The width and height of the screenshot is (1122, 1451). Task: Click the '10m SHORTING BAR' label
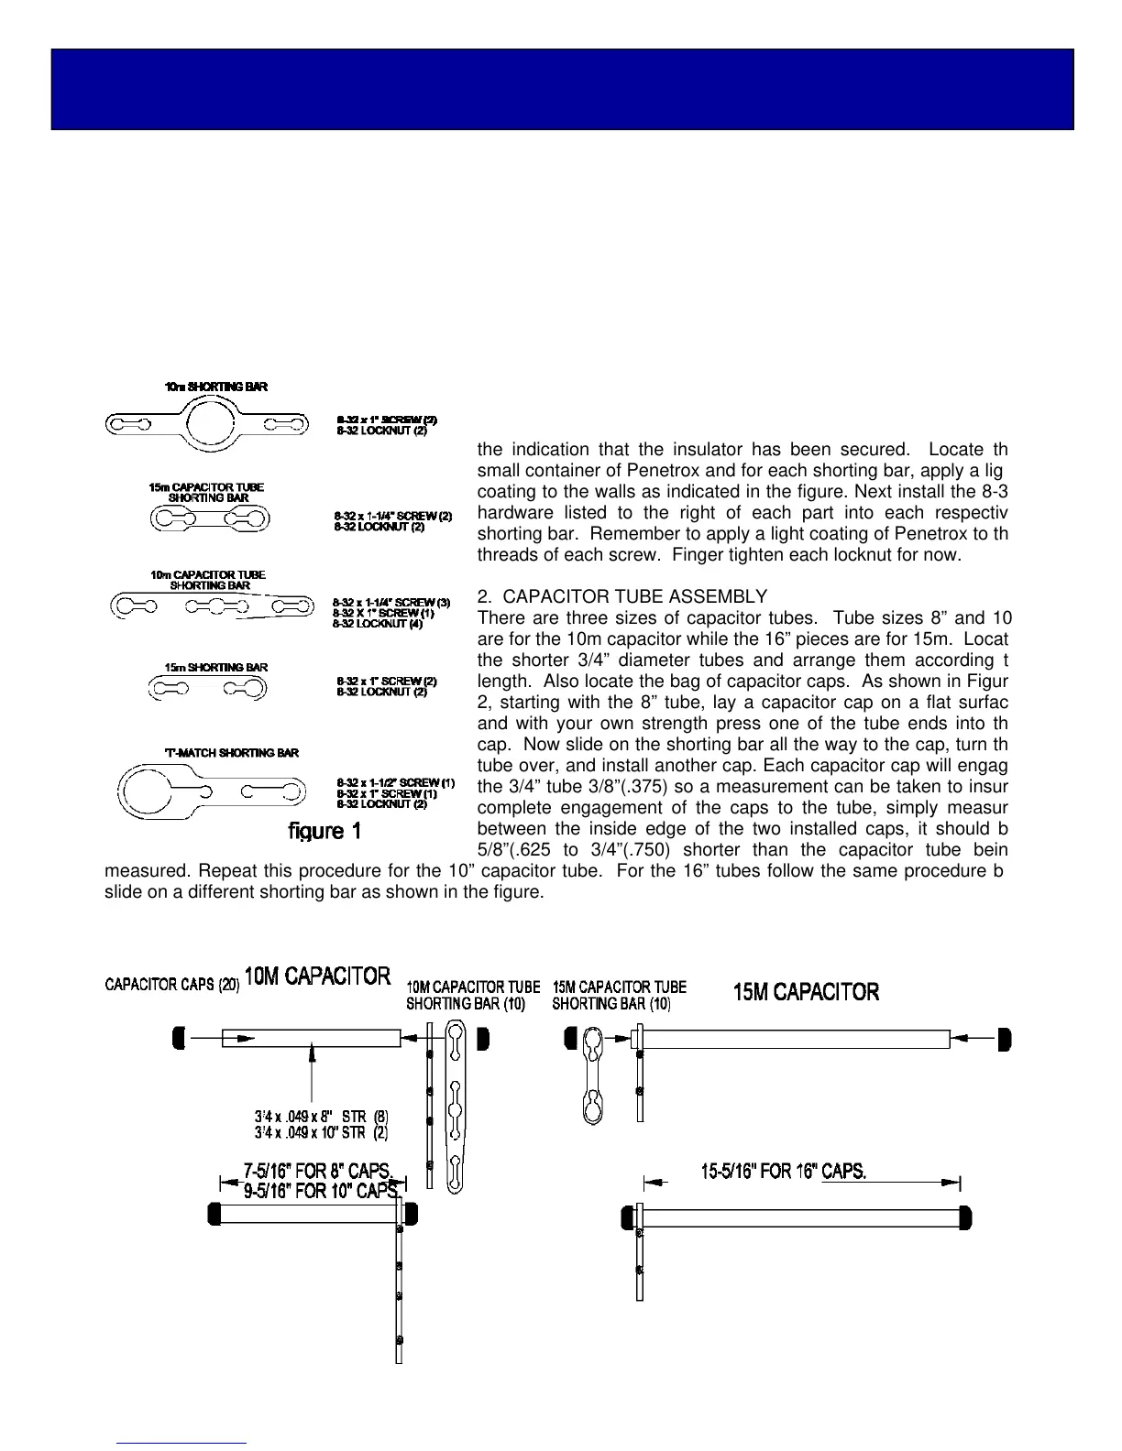216,387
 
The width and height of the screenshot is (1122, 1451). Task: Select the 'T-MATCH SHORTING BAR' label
231,753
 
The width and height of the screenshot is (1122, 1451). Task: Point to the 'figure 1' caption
325,831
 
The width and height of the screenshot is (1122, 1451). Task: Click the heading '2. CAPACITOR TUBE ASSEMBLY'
622,597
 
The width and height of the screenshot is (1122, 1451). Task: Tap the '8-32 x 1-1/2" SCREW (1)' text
395,783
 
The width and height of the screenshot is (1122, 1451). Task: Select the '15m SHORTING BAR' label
216,668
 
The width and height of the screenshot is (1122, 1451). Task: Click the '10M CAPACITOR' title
317,976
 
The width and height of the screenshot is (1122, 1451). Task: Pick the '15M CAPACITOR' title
807,992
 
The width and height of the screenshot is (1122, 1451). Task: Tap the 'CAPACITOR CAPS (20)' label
172,985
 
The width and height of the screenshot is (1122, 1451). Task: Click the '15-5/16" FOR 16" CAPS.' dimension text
784,1172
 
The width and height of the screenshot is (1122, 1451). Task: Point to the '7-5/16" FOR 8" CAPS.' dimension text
318,1172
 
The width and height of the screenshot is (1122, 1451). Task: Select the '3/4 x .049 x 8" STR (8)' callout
321,1117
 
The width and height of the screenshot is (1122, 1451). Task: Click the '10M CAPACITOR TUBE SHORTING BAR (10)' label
473,995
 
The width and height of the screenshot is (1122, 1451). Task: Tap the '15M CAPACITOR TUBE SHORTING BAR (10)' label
619,995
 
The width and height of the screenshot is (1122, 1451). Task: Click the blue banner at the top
562,89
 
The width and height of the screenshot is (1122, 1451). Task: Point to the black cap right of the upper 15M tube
1005,1039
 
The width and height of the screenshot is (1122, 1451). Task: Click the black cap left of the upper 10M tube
180,1038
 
